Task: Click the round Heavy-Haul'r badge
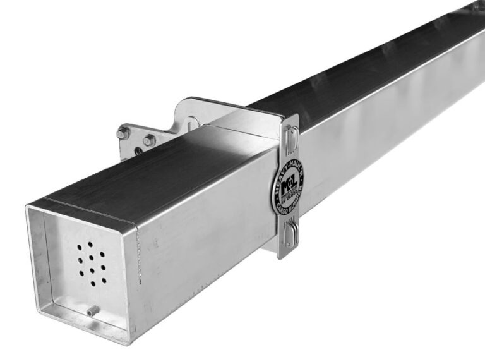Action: (x=287, y=187)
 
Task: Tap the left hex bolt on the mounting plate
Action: (x=124, y=133)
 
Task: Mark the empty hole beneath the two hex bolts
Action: (x=137, y=151)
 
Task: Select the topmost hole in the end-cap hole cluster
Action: (x=90, y=244)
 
